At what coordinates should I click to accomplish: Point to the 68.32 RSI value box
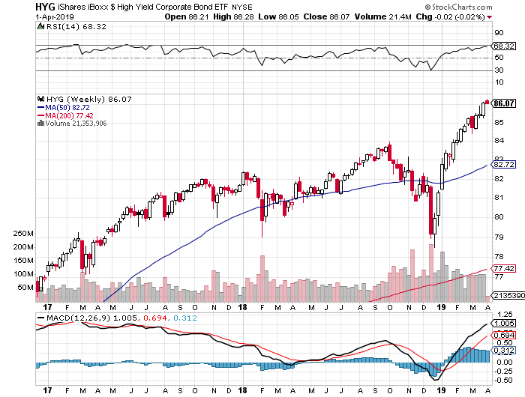coord(503,46)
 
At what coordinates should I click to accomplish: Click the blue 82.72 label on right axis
coord(503,164)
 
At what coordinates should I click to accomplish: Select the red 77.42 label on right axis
coord(503,268)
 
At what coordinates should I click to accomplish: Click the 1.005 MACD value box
coord(503,323)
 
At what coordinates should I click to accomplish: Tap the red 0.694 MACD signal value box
coord(503,333)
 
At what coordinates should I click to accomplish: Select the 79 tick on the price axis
coord(497,237)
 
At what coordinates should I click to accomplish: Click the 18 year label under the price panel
coord(244,307)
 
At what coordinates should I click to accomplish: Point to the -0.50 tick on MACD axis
coord(502,379)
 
